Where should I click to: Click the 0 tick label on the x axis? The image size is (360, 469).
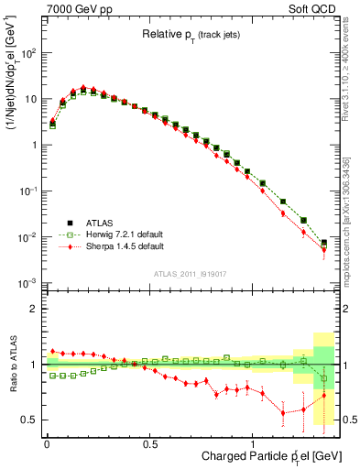47,442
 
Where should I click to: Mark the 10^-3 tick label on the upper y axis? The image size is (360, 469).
27,283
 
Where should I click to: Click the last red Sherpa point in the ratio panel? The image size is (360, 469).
323,396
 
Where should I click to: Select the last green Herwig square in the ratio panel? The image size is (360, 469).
323,378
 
